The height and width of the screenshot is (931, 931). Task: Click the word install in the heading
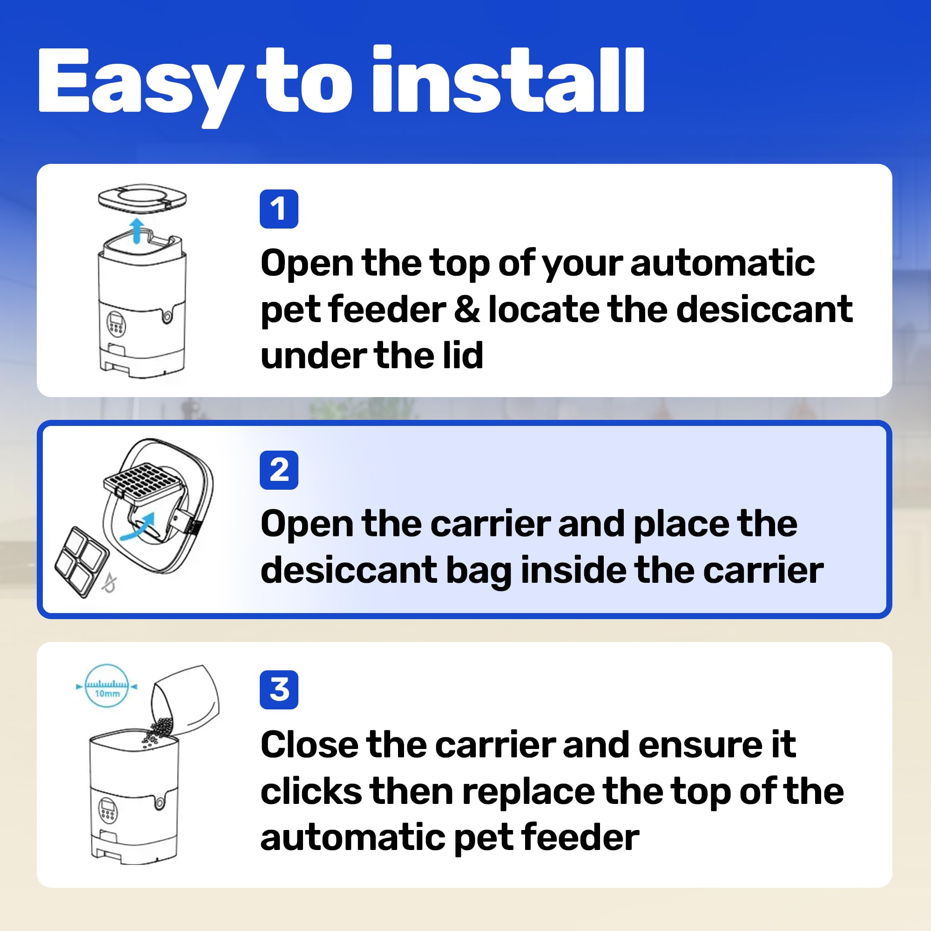(x=508, y=80)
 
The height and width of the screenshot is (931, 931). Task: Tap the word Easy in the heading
(x=140, y=87)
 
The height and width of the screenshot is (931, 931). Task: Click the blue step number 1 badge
(x=279, y=209)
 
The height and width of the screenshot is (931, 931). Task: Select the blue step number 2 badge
(x=279, y=470)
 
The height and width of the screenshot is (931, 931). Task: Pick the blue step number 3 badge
(x=279, y=690)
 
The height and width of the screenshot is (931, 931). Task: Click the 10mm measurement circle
(x=107, y=686)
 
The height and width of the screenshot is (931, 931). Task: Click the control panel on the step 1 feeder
(x=115, y=323)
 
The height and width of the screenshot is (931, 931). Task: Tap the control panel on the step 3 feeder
(x=108, y=809)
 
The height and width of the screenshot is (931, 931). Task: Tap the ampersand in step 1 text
(x=466, y=310)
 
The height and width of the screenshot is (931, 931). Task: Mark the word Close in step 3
(x=310, y=745)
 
